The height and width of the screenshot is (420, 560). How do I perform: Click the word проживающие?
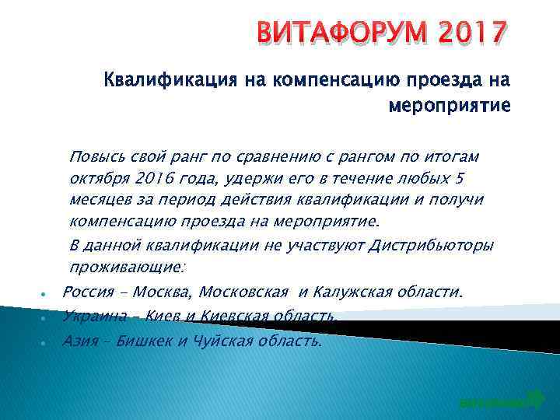126,268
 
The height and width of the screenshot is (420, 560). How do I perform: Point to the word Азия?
79,340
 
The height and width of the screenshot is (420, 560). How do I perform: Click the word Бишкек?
144,340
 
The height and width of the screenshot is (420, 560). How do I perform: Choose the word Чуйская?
219,340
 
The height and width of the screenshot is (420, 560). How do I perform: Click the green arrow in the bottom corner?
534,400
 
